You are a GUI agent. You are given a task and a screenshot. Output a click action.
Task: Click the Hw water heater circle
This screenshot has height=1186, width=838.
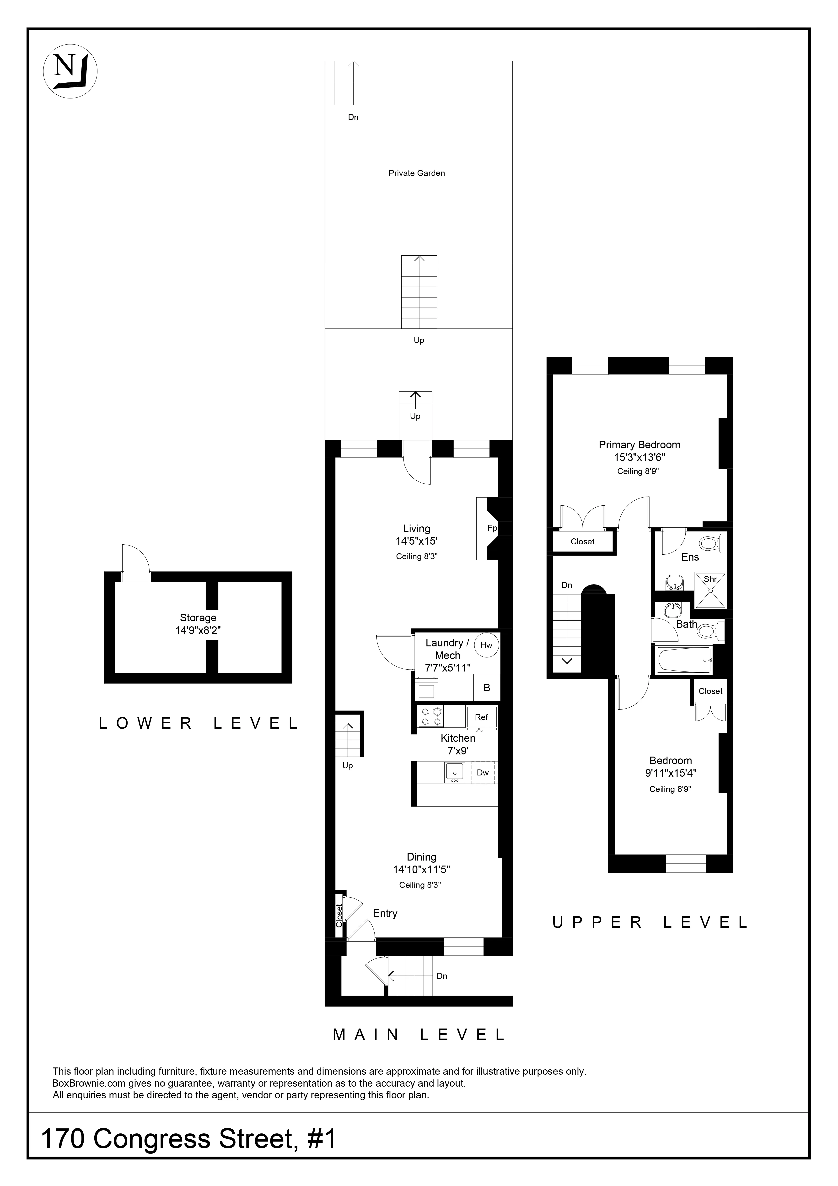click(x=486, y=645)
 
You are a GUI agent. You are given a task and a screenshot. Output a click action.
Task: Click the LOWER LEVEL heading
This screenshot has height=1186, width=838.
click(x=198, y=723)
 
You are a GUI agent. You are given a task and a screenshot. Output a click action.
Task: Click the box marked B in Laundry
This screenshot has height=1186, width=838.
click(x=486, y=688)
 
